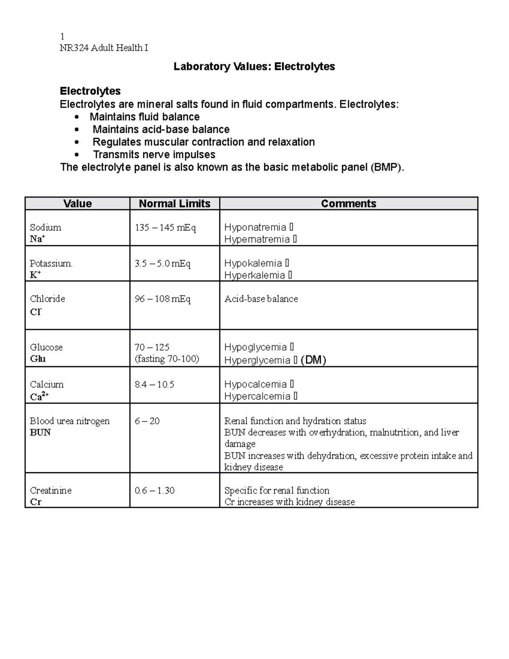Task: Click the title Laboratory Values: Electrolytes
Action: coord(254,67)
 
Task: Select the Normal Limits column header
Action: coord(174,204)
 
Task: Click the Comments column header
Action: coord(348,204)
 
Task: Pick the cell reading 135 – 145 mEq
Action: coord(165,228)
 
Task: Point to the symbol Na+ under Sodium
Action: coord(37,239)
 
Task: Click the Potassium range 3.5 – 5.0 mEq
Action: coord(162,264)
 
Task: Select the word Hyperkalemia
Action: coord(255,275)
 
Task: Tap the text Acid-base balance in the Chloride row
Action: coord(261,299)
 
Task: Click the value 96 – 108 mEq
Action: coord(162,299)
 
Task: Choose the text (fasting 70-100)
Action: coord(167,359)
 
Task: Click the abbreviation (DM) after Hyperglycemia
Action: coord(313,360)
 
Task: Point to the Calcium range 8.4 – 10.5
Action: coord(154,384)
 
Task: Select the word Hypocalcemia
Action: coord(255,384)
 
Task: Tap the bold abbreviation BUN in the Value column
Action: coord(40,432)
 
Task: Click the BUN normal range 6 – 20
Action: coord(147,421)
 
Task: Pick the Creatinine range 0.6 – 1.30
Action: coord(154,491)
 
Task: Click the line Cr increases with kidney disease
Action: coord(289,502)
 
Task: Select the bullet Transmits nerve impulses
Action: coord(154,154)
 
